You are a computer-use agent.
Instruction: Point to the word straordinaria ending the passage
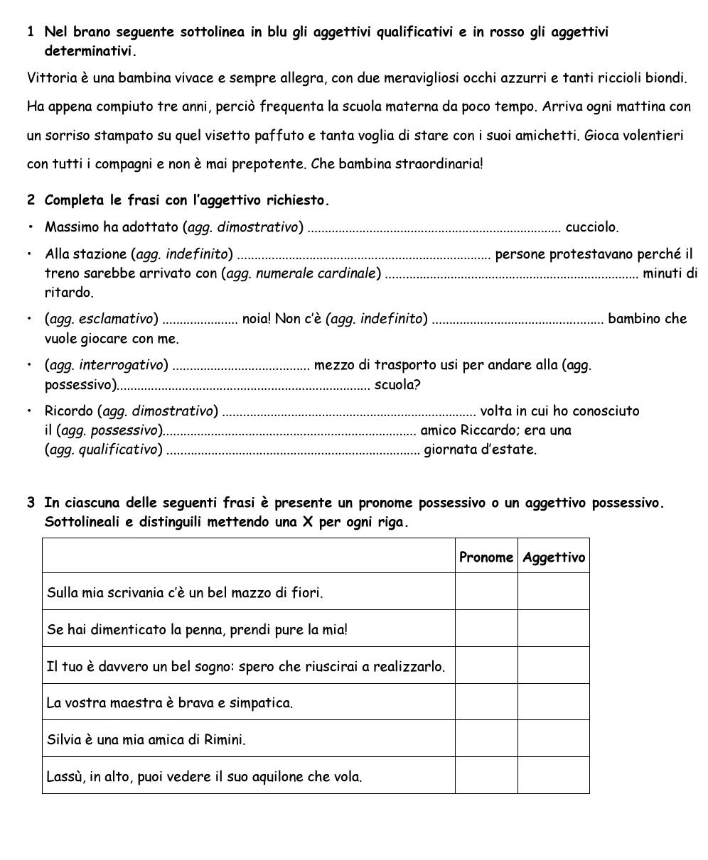coord(441,164)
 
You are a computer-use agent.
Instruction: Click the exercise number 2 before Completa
coord(31,200)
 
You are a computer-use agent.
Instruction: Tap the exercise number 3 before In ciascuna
coord(31,504)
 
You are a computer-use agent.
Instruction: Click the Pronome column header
coord(486,557)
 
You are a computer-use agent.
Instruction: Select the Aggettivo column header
coord(554,557)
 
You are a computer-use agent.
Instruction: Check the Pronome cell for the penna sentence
coord(486,628)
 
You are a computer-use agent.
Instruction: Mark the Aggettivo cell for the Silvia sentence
coord(554,739)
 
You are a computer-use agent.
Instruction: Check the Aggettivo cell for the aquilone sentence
coord(554,775)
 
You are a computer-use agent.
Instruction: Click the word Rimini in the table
coord(225,740)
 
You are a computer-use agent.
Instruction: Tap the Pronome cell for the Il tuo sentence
coord(486,665)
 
